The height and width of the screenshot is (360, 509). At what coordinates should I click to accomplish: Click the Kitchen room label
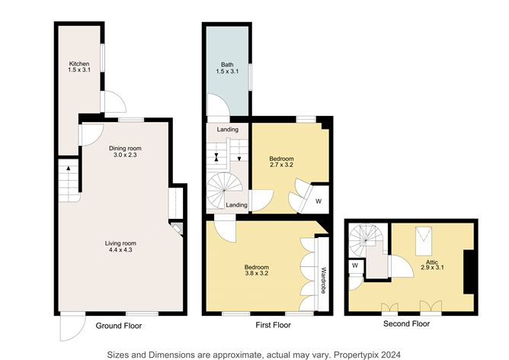(79, 63)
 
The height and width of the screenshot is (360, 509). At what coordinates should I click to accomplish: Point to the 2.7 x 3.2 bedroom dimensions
(281, 165)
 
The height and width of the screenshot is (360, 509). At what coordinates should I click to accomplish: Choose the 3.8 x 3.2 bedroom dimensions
(256, 273)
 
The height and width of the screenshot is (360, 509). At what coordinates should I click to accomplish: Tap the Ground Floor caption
(118, 326)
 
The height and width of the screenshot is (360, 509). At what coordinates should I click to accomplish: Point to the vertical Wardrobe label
(323, 279)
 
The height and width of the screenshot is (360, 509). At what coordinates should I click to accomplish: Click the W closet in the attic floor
(355, 266)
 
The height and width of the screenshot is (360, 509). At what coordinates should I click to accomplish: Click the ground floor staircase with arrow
(68, 180)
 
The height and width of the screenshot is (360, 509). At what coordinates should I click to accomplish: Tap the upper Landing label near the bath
(227, 130)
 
